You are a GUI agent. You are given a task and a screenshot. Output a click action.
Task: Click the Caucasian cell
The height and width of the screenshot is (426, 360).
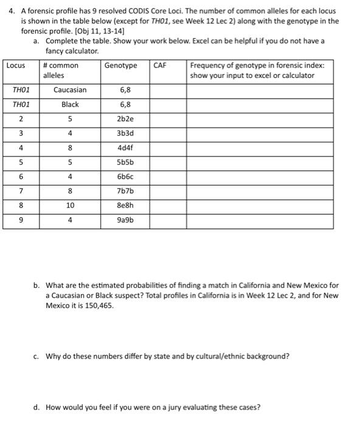coord(70,90)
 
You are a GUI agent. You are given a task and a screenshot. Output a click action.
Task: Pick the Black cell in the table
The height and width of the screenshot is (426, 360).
coord(70,104)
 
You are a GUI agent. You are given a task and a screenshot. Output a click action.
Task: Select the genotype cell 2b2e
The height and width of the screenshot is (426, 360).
coord(125,119)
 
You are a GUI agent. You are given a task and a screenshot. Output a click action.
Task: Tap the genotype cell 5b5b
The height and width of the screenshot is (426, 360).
coord(125,162)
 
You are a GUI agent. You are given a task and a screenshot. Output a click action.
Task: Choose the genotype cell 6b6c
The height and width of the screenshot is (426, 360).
coord(125,177)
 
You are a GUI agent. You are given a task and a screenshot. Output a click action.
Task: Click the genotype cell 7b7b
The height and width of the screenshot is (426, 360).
coord(125,192)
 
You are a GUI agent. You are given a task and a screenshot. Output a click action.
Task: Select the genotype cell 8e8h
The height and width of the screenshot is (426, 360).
coord(125,206)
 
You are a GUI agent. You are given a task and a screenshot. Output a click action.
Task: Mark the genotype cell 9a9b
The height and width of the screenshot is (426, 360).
coord(125,221)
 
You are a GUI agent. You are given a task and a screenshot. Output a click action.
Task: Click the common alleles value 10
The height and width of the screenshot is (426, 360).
coord(70,206)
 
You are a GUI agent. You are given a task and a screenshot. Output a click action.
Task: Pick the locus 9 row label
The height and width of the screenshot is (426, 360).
coord(21,221)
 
